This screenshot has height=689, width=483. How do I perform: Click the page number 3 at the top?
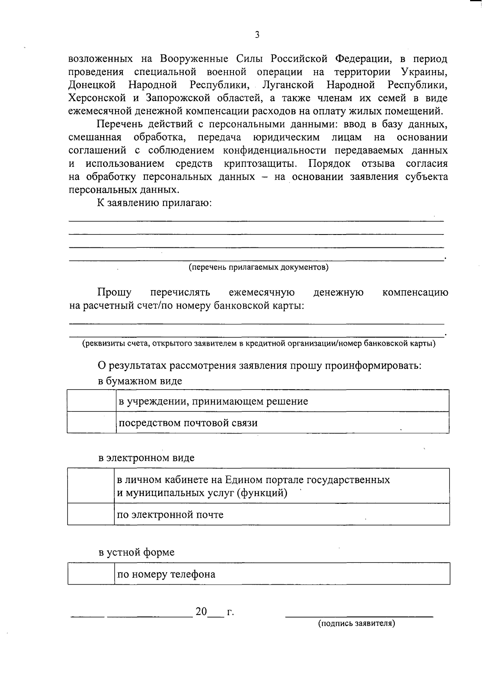tap(257, 35)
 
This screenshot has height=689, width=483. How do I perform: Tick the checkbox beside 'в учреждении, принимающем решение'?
tap(91, 401)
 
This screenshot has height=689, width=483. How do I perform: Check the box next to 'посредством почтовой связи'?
tap(91, 423)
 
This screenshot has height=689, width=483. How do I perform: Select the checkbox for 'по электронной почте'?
tap(91, 515)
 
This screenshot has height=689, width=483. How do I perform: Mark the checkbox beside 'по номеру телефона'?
tap(91, 574)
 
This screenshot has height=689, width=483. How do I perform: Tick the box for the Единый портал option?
tap(91, 486)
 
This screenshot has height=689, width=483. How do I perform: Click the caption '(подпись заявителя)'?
tap(357, 623)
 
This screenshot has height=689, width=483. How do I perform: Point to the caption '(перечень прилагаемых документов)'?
tap(259, 267)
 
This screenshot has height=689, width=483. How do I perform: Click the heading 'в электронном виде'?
tap(147, 458)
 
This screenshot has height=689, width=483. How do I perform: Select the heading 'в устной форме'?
tap(136, 552)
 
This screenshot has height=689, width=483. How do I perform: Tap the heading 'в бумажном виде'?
tap(140, 381)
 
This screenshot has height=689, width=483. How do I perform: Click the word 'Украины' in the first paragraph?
tap(424, 72)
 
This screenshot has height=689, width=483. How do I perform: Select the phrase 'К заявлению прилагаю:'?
tap(155, 203)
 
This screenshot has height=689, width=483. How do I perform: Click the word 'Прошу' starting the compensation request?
tap(114, 292)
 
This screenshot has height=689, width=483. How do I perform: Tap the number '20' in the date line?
tap(201, 612)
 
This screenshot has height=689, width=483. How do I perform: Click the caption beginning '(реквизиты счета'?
tap(259, 344)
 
